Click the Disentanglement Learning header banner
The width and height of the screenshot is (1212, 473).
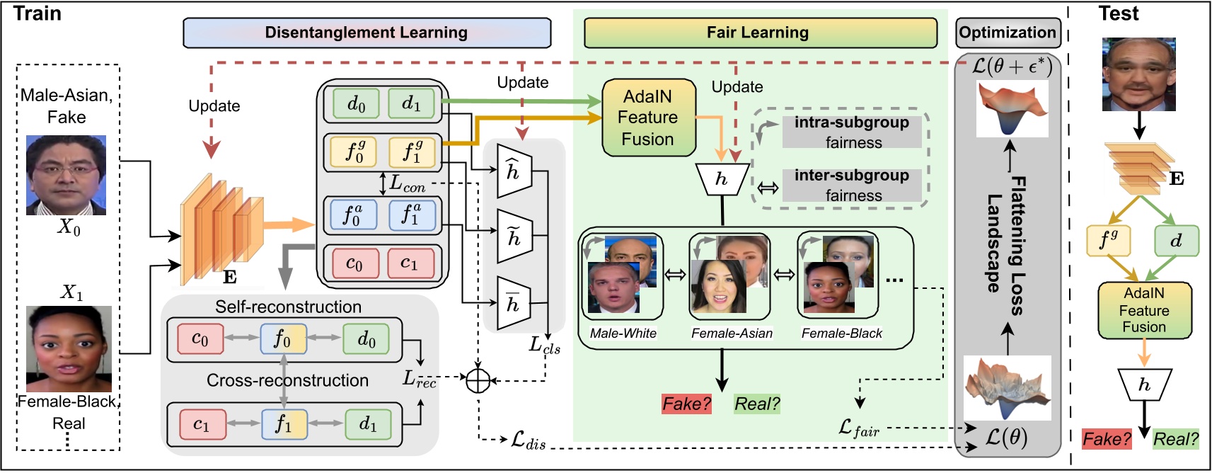[367, 33]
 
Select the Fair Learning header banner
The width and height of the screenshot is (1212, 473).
[759, 33]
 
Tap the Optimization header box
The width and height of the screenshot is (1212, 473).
[1007, 33]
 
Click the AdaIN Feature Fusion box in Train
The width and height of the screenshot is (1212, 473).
[648, 118]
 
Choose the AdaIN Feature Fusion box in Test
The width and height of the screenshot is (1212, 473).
[1144, 310]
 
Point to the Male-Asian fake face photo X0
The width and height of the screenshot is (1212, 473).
[67, 175]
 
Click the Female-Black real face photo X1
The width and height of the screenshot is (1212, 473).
[69, 348]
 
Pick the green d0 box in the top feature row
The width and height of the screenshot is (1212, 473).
[356, 104]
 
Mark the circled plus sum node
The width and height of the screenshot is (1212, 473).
[478, 380]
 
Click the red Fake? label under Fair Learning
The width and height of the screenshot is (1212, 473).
[686, 404]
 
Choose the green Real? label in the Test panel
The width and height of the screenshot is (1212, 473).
[1175, 439]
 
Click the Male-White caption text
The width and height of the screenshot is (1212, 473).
[623, 333]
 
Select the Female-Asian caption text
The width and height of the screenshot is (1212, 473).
[732, 333]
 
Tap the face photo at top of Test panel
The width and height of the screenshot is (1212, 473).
[1138, 74]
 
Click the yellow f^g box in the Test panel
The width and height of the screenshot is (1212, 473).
[1108, 241]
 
